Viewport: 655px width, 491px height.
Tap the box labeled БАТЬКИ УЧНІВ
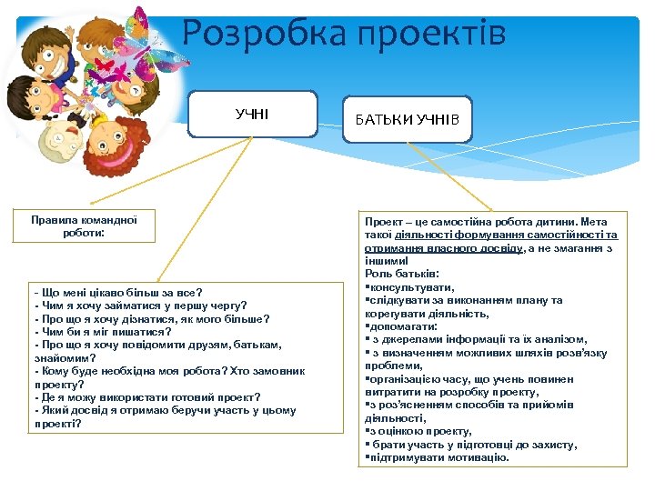point(407,119)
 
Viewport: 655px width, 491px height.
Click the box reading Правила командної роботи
point(83,226)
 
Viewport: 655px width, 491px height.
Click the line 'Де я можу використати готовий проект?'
point(146,396)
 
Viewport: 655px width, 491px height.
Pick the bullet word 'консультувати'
point(409,286)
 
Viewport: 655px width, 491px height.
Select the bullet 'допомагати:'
point(400,326)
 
